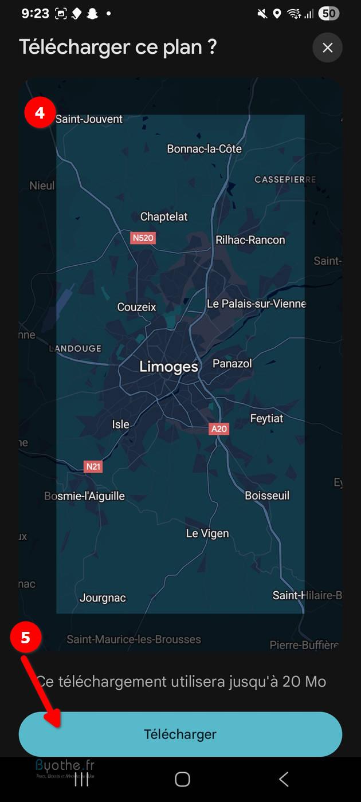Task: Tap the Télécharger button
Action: click(x=180, y=734)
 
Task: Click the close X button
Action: click(x=327, y=48)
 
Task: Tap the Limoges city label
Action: click(x=168, y=367)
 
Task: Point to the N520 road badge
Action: click(x=143, y=238)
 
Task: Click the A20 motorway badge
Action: click(x=219, y=428)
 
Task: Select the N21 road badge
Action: click(x=93, y=466)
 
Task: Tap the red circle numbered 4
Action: click(x=40, y=113)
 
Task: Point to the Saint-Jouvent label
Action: click(x=89, y=119)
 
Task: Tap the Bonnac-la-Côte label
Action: click(x=204, y=149)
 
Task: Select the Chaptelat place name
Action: click(x=164, y=217)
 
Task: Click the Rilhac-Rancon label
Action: click(x=250, y=240)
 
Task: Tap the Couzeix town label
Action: click(x=136, y=307)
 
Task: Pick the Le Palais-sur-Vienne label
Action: click(x=256, y=304)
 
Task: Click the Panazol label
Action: click(x=232, y=363)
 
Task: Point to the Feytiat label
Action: click(x=266, y=419)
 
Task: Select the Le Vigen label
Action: click(x=207, y=533)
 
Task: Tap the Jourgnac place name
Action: click(x=103, y=597)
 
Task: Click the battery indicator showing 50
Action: click(x=328, y=13)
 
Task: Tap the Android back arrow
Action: click(x=283, y=779)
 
